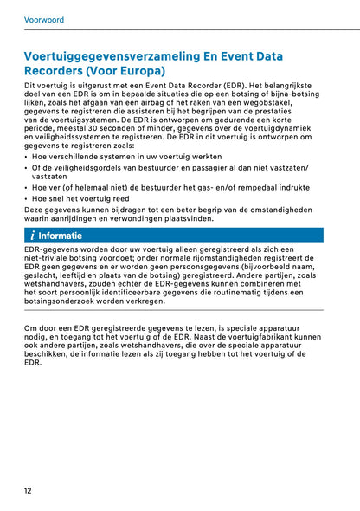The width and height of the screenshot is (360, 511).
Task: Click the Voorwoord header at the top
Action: [44, 17]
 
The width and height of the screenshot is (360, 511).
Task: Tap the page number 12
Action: [29, 490]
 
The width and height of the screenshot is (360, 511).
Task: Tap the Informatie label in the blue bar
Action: [61, 236]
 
